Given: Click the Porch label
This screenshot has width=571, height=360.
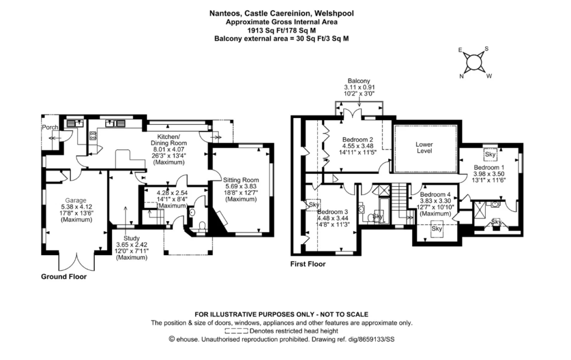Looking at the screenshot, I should (50, 128).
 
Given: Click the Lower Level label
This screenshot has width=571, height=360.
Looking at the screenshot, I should (424, 144).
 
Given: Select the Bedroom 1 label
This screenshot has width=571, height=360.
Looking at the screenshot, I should (489, 167).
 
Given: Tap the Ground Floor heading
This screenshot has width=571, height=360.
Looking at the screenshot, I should (64, 276).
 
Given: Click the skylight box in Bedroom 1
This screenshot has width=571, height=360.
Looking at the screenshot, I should (491, 154).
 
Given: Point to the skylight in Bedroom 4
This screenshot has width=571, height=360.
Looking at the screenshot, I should (437, 228).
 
